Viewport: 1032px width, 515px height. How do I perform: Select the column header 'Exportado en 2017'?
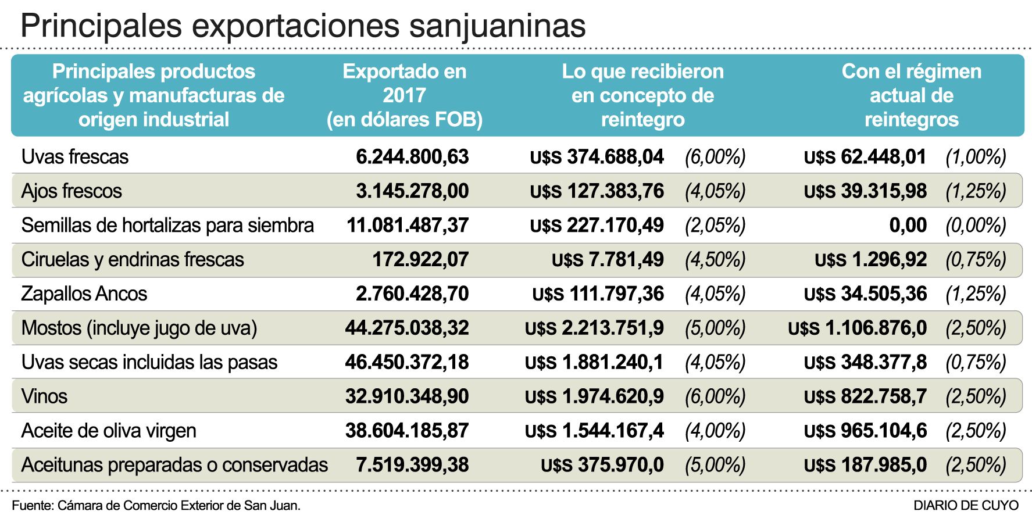click(x=404, y=95)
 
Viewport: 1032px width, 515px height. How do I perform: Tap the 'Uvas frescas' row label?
click(x=75, y=157)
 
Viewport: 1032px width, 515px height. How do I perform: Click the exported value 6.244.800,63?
click(x=412, y=157)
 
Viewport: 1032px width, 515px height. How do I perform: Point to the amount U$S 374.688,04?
click(x=597, y=157)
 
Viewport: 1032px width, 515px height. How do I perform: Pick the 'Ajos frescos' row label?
click(x=72, y=191)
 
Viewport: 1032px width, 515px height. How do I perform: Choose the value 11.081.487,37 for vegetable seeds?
click(x=408, y=226)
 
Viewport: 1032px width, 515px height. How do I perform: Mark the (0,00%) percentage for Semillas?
click(x=976, y=226)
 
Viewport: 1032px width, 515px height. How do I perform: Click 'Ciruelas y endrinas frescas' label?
click(x=133, y=260)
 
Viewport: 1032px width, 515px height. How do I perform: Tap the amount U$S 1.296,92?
click(x=870, y=260)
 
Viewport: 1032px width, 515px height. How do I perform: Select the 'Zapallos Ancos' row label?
click(x=84, y=294)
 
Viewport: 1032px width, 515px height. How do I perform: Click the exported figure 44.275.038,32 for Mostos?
click(x=407, y=328)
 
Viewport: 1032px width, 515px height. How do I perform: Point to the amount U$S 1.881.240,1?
click(x=594, y=363)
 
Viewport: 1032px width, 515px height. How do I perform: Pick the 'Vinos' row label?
click(x=44, y=397)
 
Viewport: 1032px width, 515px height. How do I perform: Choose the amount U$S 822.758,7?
click(x=865, y=397)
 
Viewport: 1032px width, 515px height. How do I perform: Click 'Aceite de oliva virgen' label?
click(x=109, y=431)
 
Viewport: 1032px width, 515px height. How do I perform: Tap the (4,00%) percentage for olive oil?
click(x=715, y=431)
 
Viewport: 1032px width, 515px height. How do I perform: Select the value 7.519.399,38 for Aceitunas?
click(x=412, y=466)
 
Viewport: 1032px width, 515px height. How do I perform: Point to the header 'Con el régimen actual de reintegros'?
click(x=911, y=95)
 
